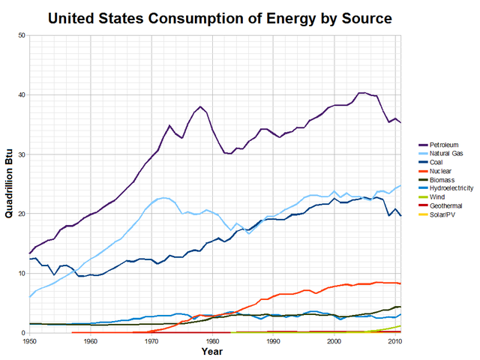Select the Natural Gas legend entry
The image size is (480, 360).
[x=445, y=153]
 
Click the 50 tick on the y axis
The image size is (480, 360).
[x=22, y=35]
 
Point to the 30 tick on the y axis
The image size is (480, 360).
[x=22, y=154]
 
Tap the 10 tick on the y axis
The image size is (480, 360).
[x=22, y=274]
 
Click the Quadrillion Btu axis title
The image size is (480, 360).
[x=10, y=184]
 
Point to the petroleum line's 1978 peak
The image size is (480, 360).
[x=200, y=106]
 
